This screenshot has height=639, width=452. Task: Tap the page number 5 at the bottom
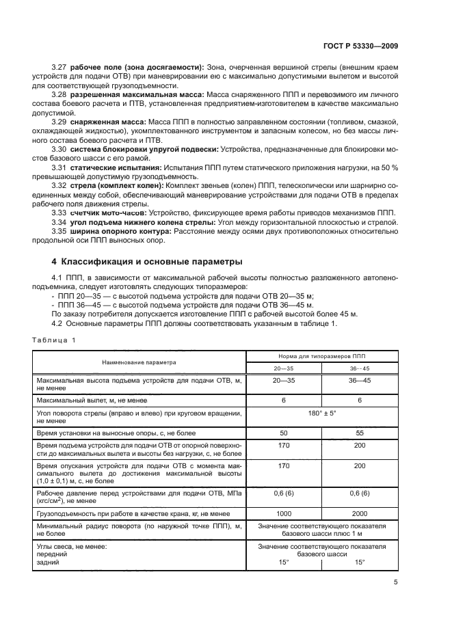(x=396, y=582)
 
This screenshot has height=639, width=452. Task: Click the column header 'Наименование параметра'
(x=139, y=362)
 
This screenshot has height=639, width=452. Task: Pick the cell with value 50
(x=283, y=433)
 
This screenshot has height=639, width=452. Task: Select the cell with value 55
(x=360, y=433)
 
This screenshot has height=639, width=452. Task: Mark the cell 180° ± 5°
(x=321, y=414)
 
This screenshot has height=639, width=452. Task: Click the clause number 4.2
(x=59, y=323)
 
